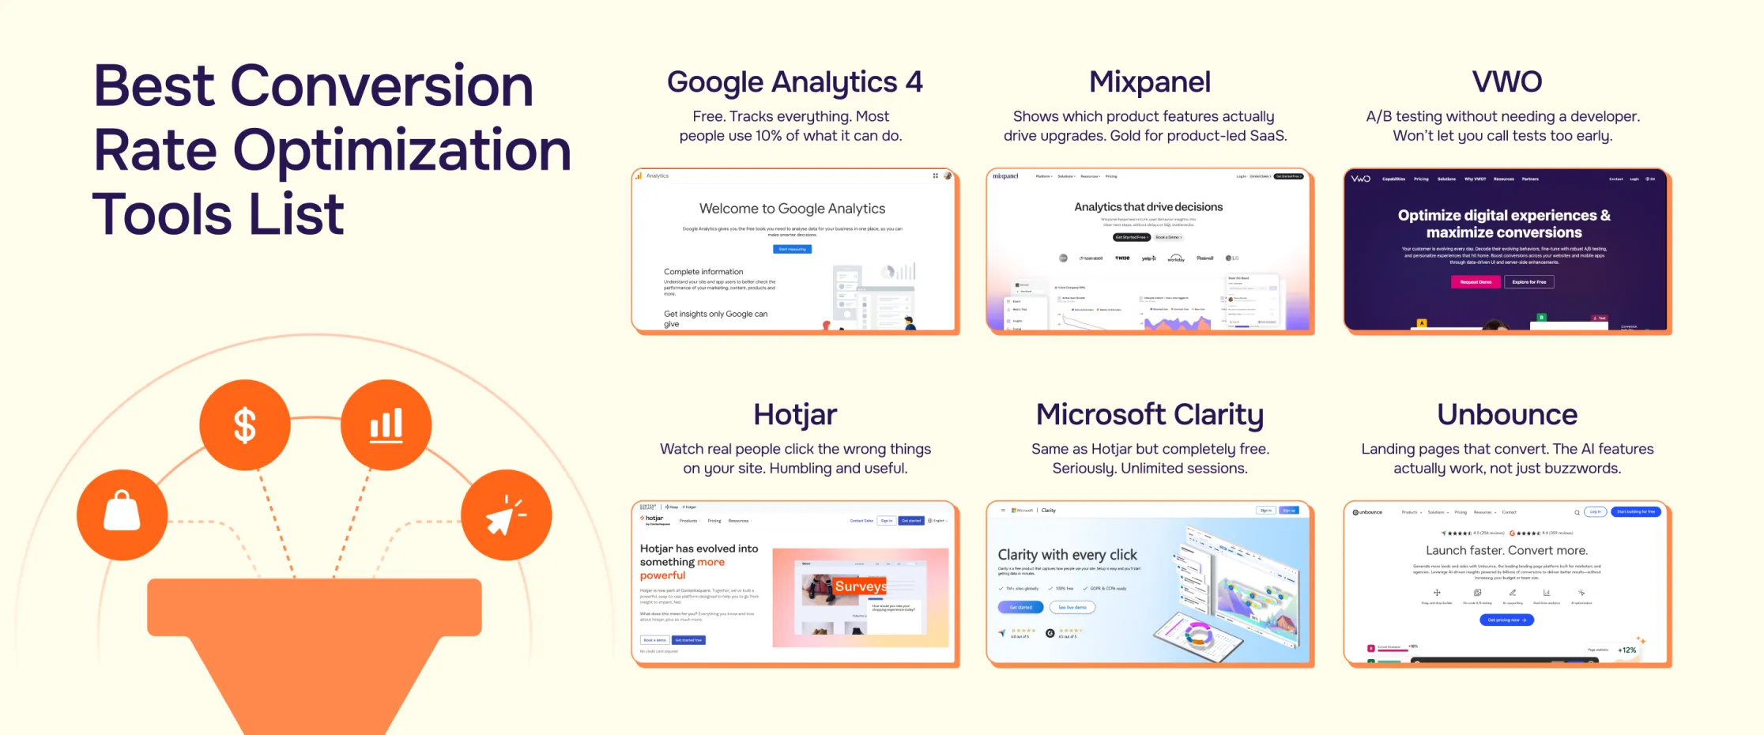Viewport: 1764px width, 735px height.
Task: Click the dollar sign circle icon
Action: [245, 425]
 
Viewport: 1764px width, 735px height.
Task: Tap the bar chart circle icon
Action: [386, 425]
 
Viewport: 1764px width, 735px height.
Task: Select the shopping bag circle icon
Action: [122, 514]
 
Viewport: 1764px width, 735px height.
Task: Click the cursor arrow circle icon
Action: [507, 514]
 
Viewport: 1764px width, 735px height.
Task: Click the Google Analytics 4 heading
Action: [794, 82]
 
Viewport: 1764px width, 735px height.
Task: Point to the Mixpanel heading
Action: [1149, 82]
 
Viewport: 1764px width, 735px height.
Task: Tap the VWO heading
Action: [1506, 82]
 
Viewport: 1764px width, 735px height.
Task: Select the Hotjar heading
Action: [794, 415]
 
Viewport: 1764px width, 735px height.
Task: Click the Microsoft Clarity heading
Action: [1149, 415]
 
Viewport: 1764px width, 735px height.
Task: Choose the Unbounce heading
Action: [1506, 415]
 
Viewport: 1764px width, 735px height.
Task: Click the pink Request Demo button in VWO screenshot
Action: [1476, 282]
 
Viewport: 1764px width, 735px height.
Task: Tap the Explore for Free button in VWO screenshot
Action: [1529, 282]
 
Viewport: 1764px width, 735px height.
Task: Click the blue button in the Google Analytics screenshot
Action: [792, 249]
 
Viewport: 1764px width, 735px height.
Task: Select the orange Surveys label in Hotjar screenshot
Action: [861, 586]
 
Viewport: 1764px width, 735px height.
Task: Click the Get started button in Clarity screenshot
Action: [1020, 607]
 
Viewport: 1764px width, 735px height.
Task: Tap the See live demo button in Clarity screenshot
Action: [1072, 607]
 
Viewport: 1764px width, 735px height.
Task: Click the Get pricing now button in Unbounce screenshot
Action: [1506, 620]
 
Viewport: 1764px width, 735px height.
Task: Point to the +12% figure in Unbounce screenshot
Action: [1626, 650]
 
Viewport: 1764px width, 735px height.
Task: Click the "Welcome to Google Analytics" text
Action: [792, 209]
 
